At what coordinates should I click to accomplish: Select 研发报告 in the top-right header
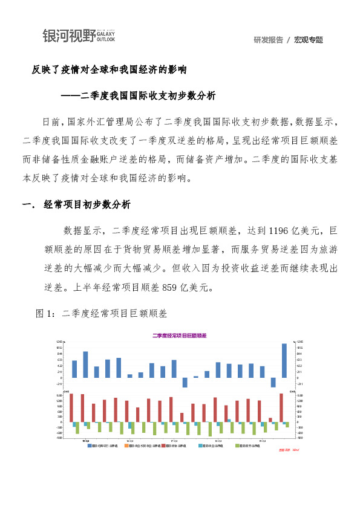(x=268, y=40)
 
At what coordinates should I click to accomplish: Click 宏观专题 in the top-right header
(x=309, y=40)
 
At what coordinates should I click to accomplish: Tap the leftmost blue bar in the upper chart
(x=74, y=369)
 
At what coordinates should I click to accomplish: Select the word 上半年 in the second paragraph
(x=95, y=287)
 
